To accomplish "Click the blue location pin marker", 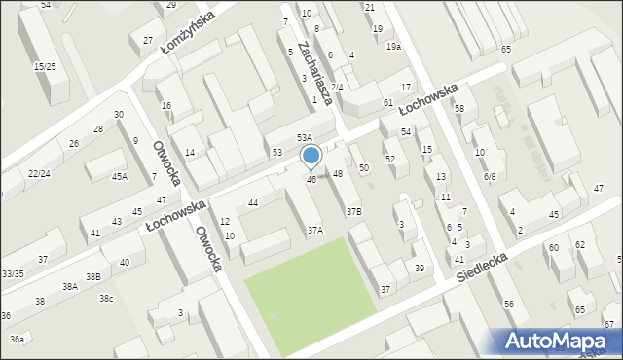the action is click(311, 157).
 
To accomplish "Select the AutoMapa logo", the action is click(559, 340).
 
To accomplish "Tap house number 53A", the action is click(305, 138).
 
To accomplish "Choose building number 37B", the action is click(353, 211).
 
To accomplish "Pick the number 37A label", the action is click(314, 231).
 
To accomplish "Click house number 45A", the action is click(119, 176).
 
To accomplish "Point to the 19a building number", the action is click(393, 47).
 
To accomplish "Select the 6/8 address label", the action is click(490, 176).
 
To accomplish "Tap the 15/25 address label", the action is click(44, 66).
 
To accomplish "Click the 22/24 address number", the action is click(39, 173).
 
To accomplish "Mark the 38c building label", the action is click(105, 298).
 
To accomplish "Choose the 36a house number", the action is click(17, 339).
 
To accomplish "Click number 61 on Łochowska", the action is click(387, 102).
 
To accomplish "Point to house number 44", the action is click(253, 202).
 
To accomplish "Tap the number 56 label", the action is click(509, 305).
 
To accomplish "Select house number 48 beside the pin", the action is click(338, 173).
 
